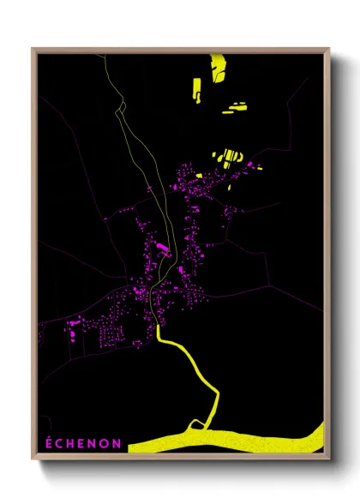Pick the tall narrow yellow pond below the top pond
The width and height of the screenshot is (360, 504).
click(x=196, y=88)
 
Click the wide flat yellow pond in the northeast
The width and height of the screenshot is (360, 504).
click(x=234, y=109)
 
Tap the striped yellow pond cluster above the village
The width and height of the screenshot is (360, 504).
click(x=227, y=158)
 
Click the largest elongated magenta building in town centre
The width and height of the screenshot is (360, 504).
click(x=160, y=249)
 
